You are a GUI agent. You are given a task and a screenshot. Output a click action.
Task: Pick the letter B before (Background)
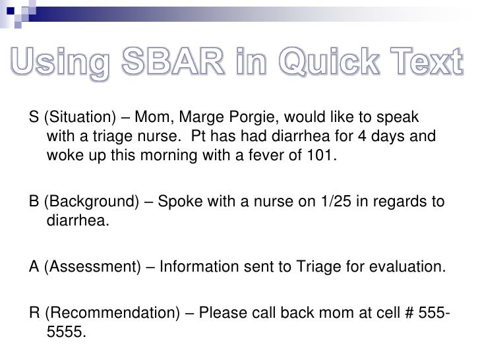(x=33, y=202)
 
